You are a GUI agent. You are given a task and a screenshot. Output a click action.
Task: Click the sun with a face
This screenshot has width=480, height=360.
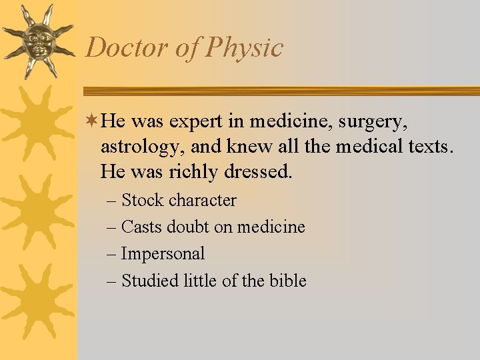click(38, 41)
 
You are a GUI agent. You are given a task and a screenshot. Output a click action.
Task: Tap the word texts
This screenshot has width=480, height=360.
click(428, 146)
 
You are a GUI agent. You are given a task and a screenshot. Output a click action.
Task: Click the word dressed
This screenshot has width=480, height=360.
click(256, 171)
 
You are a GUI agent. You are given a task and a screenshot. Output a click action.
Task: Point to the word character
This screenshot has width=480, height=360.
click(202, 200)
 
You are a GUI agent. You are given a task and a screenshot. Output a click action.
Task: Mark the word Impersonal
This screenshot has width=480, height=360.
click(163, 254)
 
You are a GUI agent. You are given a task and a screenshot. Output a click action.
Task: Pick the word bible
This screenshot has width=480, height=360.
click(288, 281)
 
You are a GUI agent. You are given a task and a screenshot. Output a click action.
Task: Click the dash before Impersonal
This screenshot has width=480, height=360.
click(111, 254)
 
